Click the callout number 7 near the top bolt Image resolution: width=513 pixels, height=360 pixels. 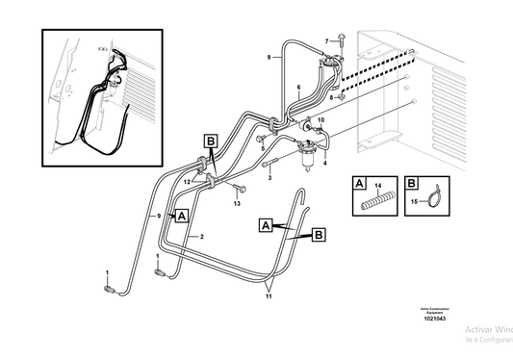point(326,40)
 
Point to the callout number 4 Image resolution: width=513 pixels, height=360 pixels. point(324,164)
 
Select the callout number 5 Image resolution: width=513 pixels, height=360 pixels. point(261,150)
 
